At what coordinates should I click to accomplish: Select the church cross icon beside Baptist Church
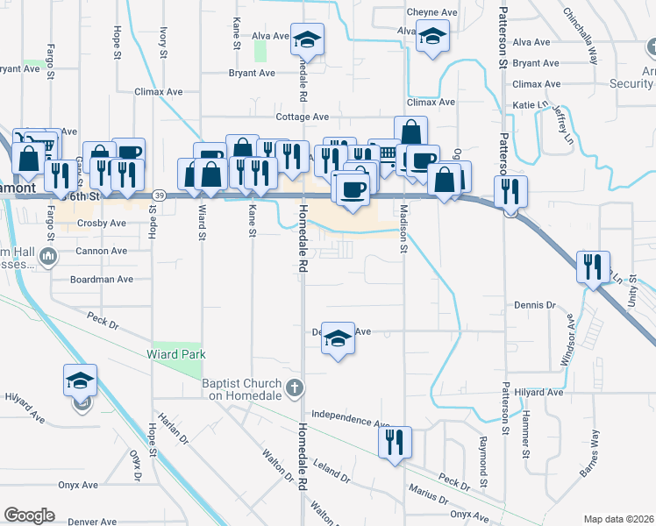[296, 387]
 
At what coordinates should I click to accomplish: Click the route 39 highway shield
[157, 195]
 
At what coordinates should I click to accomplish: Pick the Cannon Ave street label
[100, 251]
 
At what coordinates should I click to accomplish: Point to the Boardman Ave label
[102, 280]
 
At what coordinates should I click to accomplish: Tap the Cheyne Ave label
[432, 12]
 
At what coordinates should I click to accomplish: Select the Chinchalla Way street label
[581, 38]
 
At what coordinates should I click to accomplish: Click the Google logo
[29, 515]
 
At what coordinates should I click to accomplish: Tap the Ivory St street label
[163, 41]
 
